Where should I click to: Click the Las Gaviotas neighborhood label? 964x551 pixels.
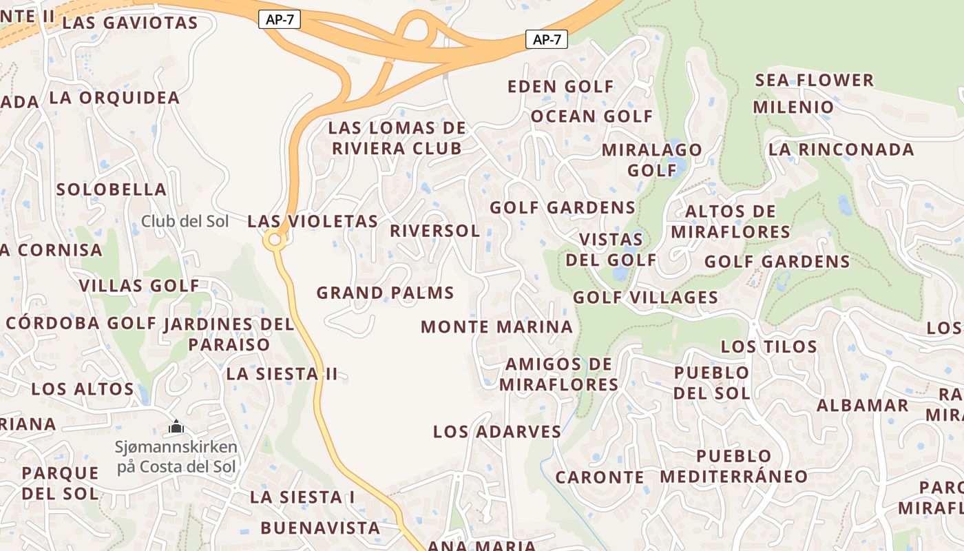click(x=129, y=23)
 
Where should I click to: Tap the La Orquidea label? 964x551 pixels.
click(x=114, y=98)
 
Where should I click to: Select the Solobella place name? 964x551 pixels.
click(x=112, y=189)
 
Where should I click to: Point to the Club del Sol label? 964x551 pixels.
click(x=185, y=221)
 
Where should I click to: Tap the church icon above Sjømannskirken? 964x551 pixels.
click(x=176, y=427)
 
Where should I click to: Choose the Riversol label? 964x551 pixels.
click(x=434, y=231)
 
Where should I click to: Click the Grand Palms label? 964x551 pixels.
click(x=385, y=293)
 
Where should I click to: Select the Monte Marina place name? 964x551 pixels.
click(x=496, y=326)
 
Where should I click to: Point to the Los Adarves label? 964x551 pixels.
click(x=497, y=432)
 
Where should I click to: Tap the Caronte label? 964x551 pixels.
click(x=600, y=477)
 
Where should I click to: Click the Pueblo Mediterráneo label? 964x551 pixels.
click(x=734, y=466)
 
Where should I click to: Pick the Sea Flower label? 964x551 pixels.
click(x=815, y=80)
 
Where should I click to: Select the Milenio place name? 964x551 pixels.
click(x=793, y=107)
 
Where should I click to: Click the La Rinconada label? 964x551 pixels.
click(x=841, y=149)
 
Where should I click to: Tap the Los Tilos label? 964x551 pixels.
click(x=768, y=346)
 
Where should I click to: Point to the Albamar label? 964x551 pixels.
click(x=863, y=405)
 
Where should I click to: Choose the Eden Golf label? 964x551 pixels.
click(x=560, y=87)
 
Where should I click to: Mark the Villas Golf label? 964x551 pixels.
click(x=139, y=286)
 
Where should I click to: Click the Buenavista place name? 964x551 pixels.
click(x=320, y=528)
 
